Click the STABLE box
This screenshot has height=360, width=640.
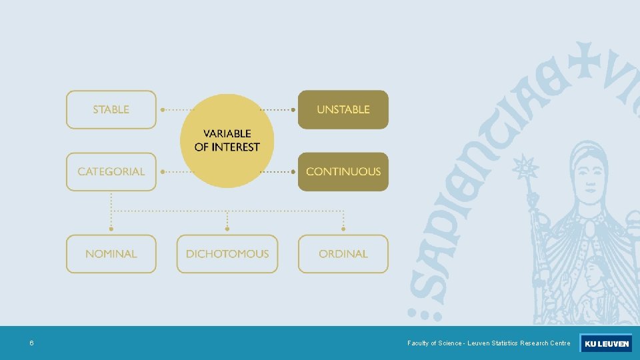pos(111,109)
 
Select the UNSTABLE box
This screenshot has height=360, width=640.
pos(343,109)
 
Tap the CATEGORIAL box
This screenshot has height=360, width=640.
pos(111,171)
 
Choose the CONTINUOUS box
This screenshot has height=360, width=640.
pos(343,171)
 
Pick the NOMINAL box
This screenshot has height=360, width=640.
pos(111,254)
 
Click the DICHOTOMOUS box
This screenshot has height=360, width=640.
pos(227,254)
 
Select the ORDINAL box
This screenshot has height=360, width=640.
pos(343,254)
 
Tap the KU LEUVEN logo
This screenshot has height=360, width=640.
pos(606,343)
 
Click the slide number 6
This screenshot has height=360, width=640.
pos(31,343)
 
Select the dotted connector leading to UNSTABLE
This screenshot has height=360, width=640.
pos(277,109)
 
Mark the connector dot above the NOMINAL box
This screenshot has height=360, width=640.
pos(111,229)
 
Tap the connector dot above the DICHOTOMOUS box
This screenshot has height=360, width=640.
pos(227,229)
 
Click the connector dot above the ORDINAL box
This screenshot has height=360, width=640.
pos(343,229)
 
